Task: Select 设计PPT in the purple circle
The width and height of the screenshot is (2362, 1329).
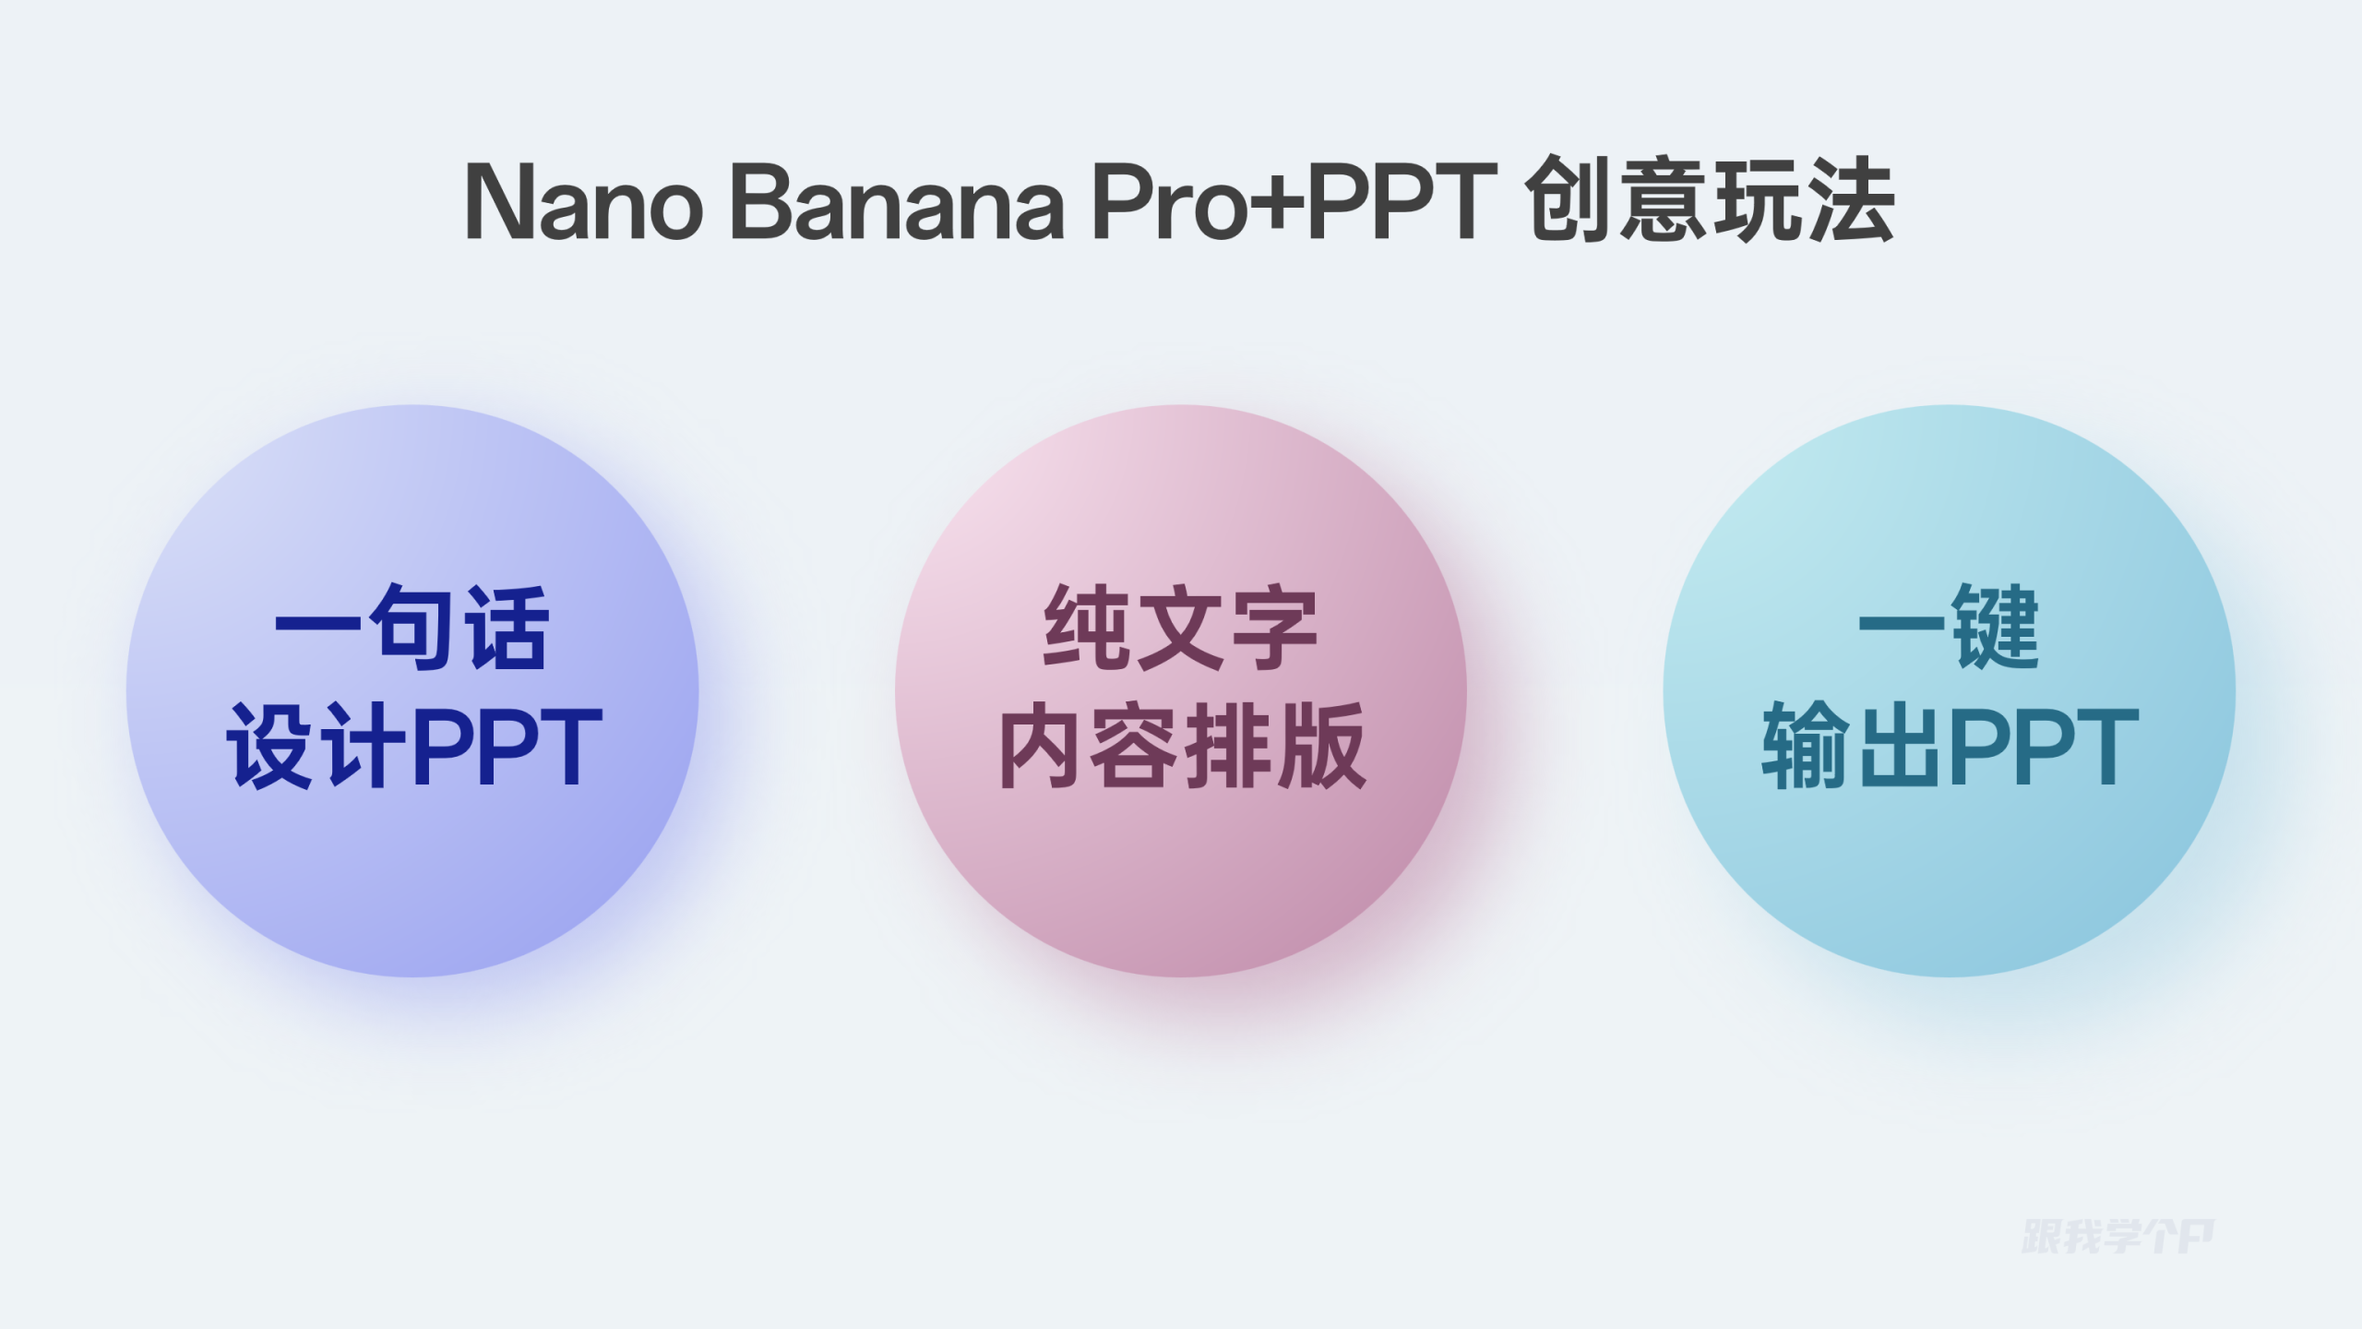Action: pyautogui.click(x=414, y=746)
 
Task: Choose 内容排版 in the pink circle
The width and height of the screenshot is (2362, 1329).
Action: pyautogui.click(x=1182, y=746)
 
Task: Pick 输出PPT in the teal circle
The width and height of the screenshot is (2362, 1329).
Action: pyautogui.click(x=1950, y=746)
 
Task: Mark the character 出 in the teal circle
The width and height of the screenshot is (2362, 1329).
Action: pyautogui.click(x=1898, y=746)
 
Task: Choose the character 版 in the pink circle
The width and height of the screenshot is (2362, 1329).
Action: pyautogui.click(x=1320, y=746)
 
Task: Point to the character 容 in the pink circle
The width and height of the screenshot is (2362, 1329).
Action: pyautogui.click(x=1135, y=746)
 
